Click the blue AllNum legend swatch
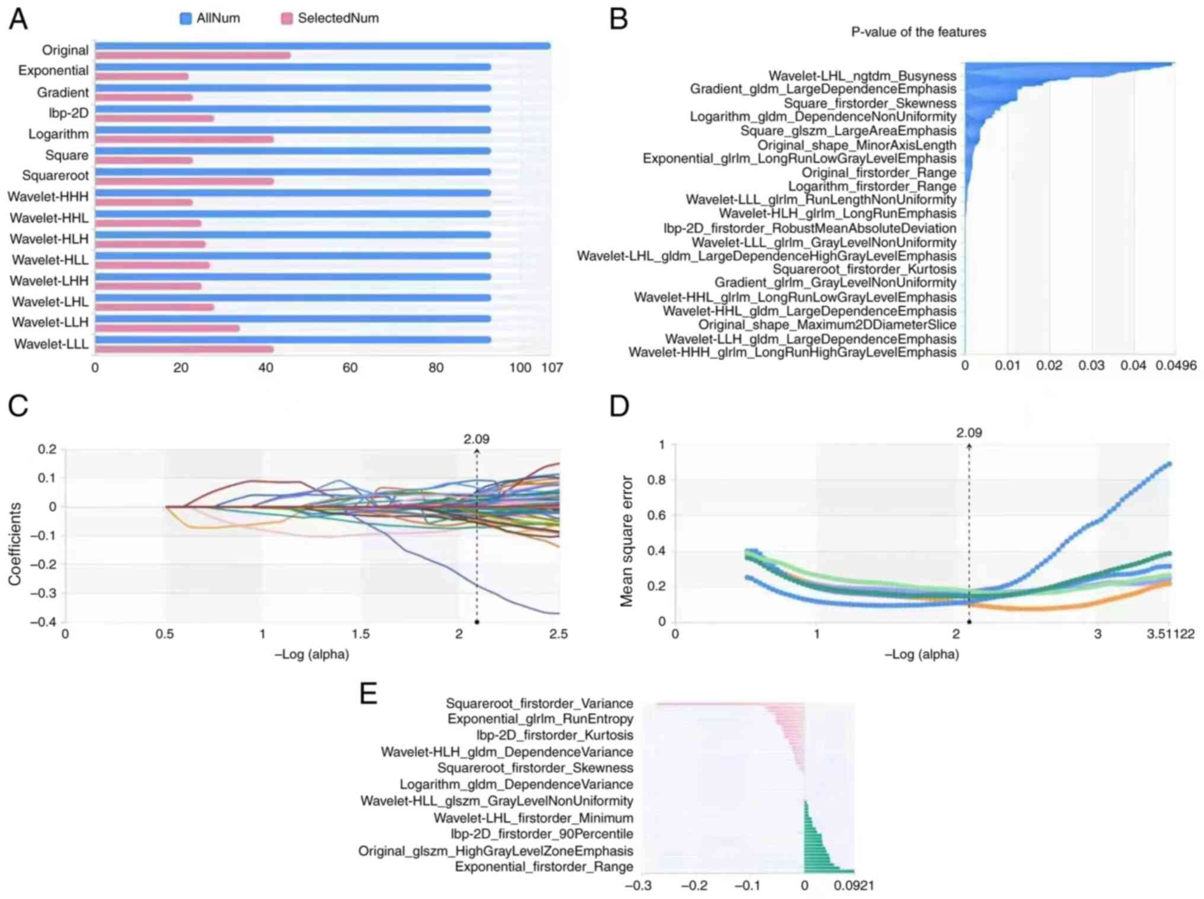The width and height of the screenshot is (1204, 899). [x=186, y=18]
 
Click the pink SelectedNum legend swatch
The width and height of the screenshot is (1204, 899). [x=287, y=18]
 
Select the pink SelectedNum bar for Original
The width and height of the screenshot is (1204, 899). [x=193, y=56]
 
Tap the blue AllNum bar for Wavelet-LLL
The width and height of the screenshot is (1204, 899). [x=293, y=340]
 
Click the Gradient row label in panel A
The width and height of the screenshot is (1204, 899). [x=63, y=92]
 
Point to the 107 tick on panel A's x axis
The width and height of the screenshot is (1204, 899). [x=551, y=367]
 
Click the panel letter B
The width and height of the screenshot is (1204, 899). [x=619, y=20]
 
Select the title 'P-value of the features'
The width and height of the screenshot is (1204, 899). [x=918, y=32]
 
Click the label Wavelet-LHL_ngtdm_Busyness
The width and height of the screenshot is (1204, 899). [x=862, y=76]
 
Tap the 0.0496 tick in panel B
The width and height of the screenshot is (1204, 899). [x=1176, y=366]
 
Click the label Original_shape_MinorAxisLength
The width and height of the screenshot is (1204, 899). [x=857, y=145]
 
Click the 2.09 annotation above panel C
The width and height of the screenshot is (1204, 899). [x=477, y=439]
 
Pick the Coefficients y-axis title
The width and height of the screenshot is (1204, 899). [x=15, y=544]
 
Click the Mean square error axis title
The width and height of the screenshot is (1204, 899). [x=626, y=541]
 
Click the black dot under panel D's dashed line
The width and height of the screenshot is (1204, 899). [x=969, y=622]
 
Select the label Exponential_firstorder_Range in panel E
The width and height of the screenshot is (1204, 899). [x=544, y=867]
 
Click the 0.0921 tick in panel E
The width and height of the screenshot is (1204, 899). [x=854, y=886]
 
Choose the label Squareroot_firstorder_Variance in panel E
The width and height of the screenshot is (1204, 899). [x=539, y=703]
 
